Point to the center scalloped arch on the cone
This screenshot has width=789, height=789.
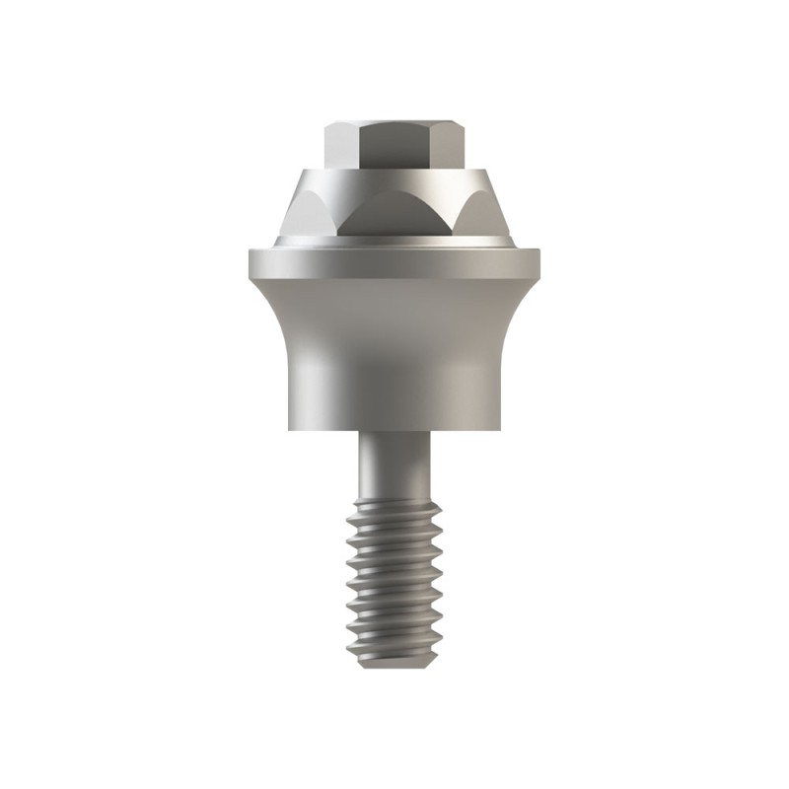[394, 212]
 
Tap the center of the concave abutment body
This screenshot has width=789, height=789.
[394, 345]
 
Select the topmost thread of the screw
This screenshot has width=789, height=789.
[394, 508]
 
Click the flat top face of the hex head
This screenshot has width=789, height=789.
[394, 121]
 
